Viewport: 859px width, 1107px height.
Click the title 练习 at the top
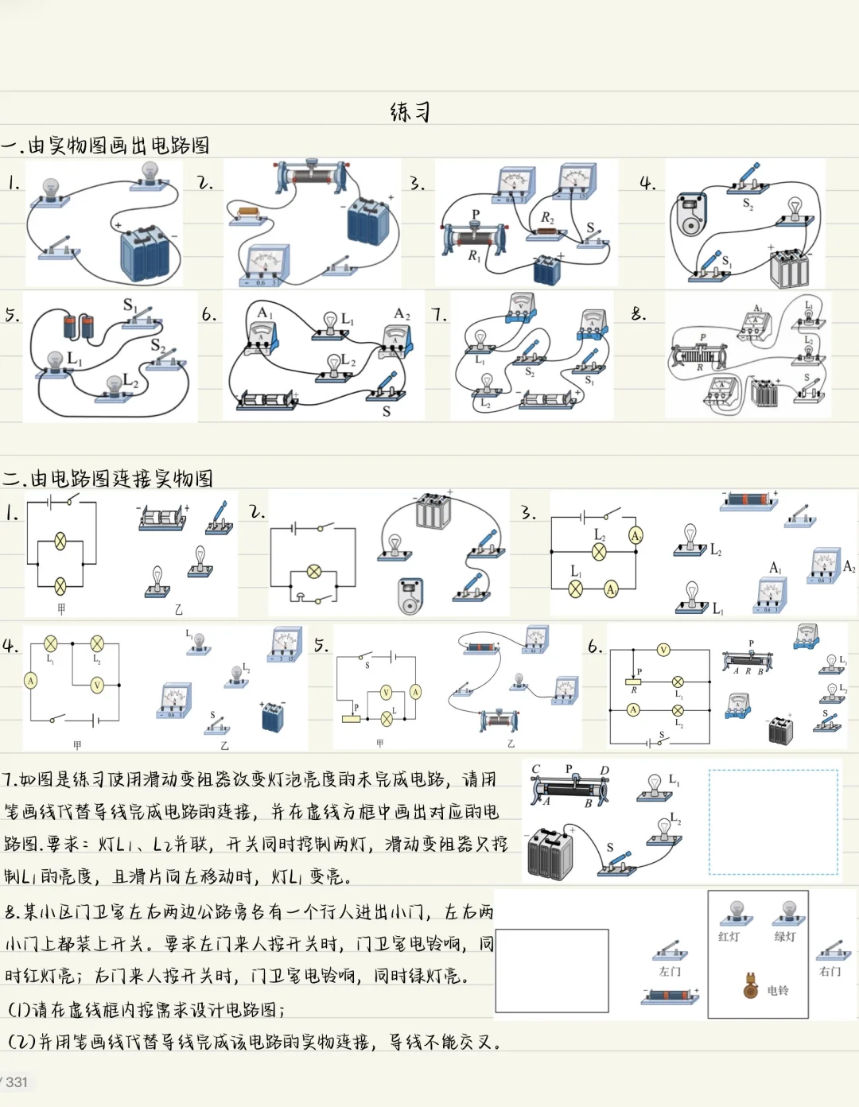coord(410,111)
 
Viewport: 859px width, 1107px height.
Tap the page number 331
coord(16,1082)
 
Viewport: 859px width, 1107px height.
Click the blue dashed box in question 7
coord(773,822)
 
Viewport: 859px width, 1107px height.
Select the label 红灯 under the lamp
coord(729,937)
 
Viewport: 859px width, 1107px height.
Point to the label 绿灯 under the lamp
coord(784,937)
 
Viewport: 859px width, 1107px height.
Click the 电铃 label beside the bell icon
coord(778,990)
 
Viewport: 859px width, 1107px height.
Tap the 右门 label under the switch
coord(830,972)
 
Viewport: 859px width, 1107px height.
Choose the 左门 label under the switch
coord(670,972)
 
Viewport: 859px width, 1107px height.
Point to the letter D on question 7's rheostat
coord(604,770)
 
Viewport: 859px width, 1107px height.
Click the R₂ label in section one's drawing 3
coord(547,217)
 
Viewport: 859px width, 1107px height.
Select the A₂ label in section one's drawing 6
coord(402,314)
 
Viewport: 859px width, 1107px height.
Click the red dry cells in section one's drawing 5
coord(78,325)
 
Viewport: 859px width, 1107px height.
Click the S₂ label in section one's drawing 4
coord(748,204)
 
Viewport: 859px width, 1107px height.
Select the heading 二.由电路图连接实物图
coord(108,479)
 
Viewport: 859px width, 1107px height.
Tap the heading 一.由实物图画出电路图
coord(106,146)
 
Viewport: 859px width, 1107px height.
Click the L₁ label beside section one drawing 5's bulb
coord(74,358)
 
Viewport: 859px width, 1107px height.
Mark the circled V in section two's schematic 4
coord(97,684)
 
